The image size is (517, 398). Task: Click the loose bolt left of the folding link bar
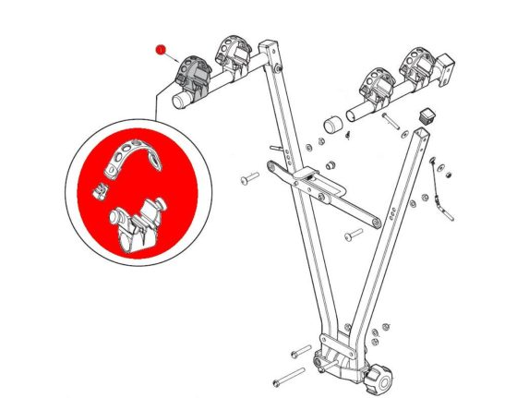pyautogui.click(x=249, y=176)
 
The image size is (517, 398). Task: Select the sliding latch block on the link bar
pyautogui.click(x=306, y=177)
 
